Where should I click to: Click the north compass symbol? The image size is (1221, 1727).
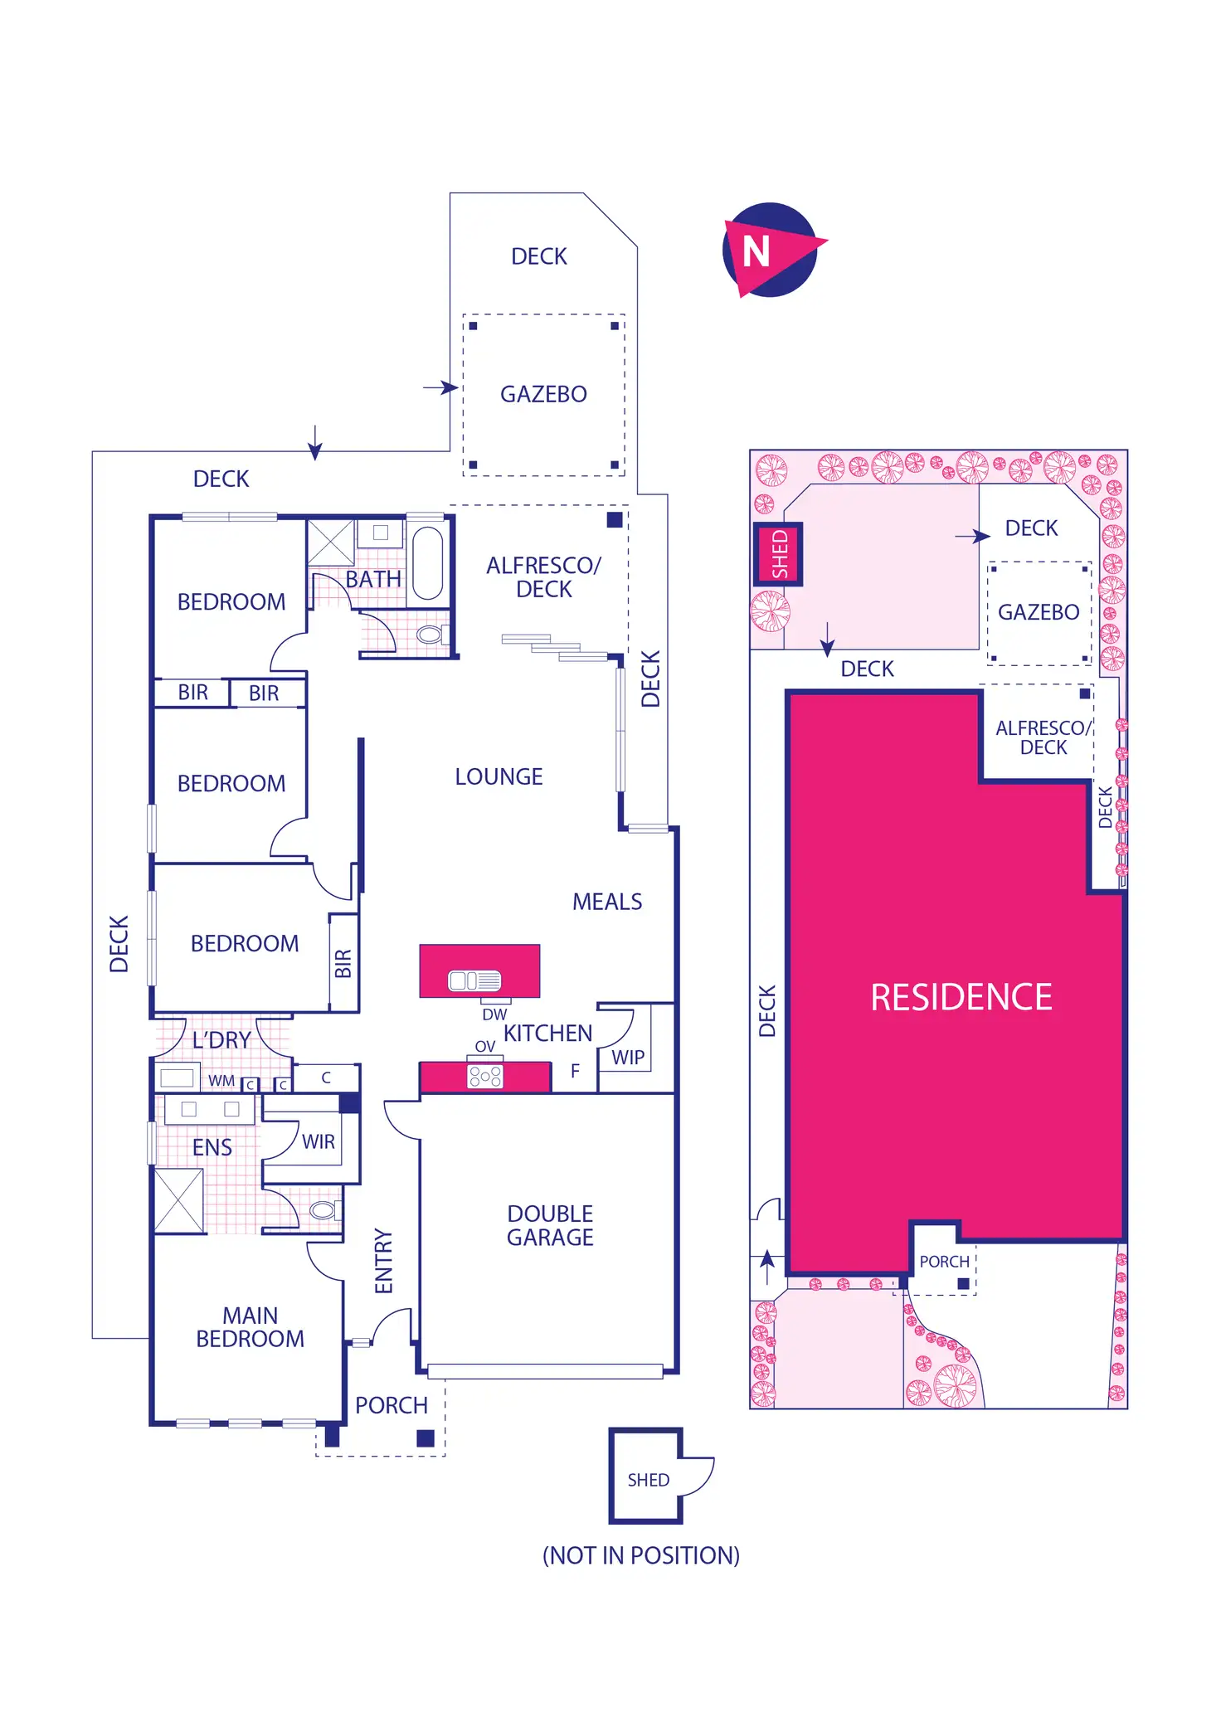pyautogui.click(x=771, y=250)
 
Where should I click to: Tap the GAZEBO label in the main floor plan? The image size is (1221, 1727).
pyautogui.click(x=543, y=394)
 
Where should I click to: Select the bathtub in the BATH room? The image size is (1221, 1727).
pyautogui.click(x=427, y=562)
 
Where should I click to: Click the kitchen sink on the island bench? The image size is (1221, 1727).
pyautogui.click(x=474, y=980)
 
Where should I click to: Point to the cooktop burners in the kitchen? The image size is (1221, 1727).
pyautogui.click(x=485, y=1077)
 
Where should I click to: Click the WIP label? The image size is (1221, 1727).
pyautogui.click(x=628, y=1058)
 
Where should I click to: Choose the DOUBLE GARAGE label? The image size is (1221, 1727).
pyautogui.click(x=550, y=1225)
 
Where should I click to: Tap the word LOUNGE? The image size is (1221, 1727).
pyautogui.click(x=499, y=777)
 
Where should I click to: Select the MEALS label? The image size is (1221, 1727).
pyautogui.click(x=607, y=902)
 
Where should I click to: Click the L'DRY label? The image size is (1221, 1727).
pyautogui.click(x=221, y=1040)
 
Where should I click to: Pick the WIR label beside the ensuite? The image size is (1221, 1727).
pyautogui.click(x=319, y=1142)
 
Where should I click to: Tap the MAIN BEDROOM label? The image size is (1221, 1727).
pyautogui.click(x=250, y=1327)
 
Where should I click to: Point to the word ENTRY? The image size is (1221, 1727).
pyautogui.click(x=383, y=1261)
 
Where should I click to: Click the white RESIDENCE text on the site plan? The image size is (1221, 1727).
pyautogui.click(x=961, y=997)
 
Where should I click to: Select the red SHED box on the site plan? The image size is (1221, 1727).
pyautogui.click(x=778, y=554)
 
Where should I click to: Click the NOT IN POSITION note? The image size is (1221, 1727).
pyautogui.click(x=640, y=1555)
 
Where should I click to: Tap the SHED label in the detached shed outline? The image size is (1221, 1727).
pyautogui.click(x=648, y=1481)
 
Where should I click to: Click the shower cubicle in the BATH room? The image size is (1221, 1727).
pyautogui.click(x=330, y=542)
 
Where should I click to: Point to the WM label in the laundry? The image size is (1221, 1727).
pyautogui.click(x=221, y=1081)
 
